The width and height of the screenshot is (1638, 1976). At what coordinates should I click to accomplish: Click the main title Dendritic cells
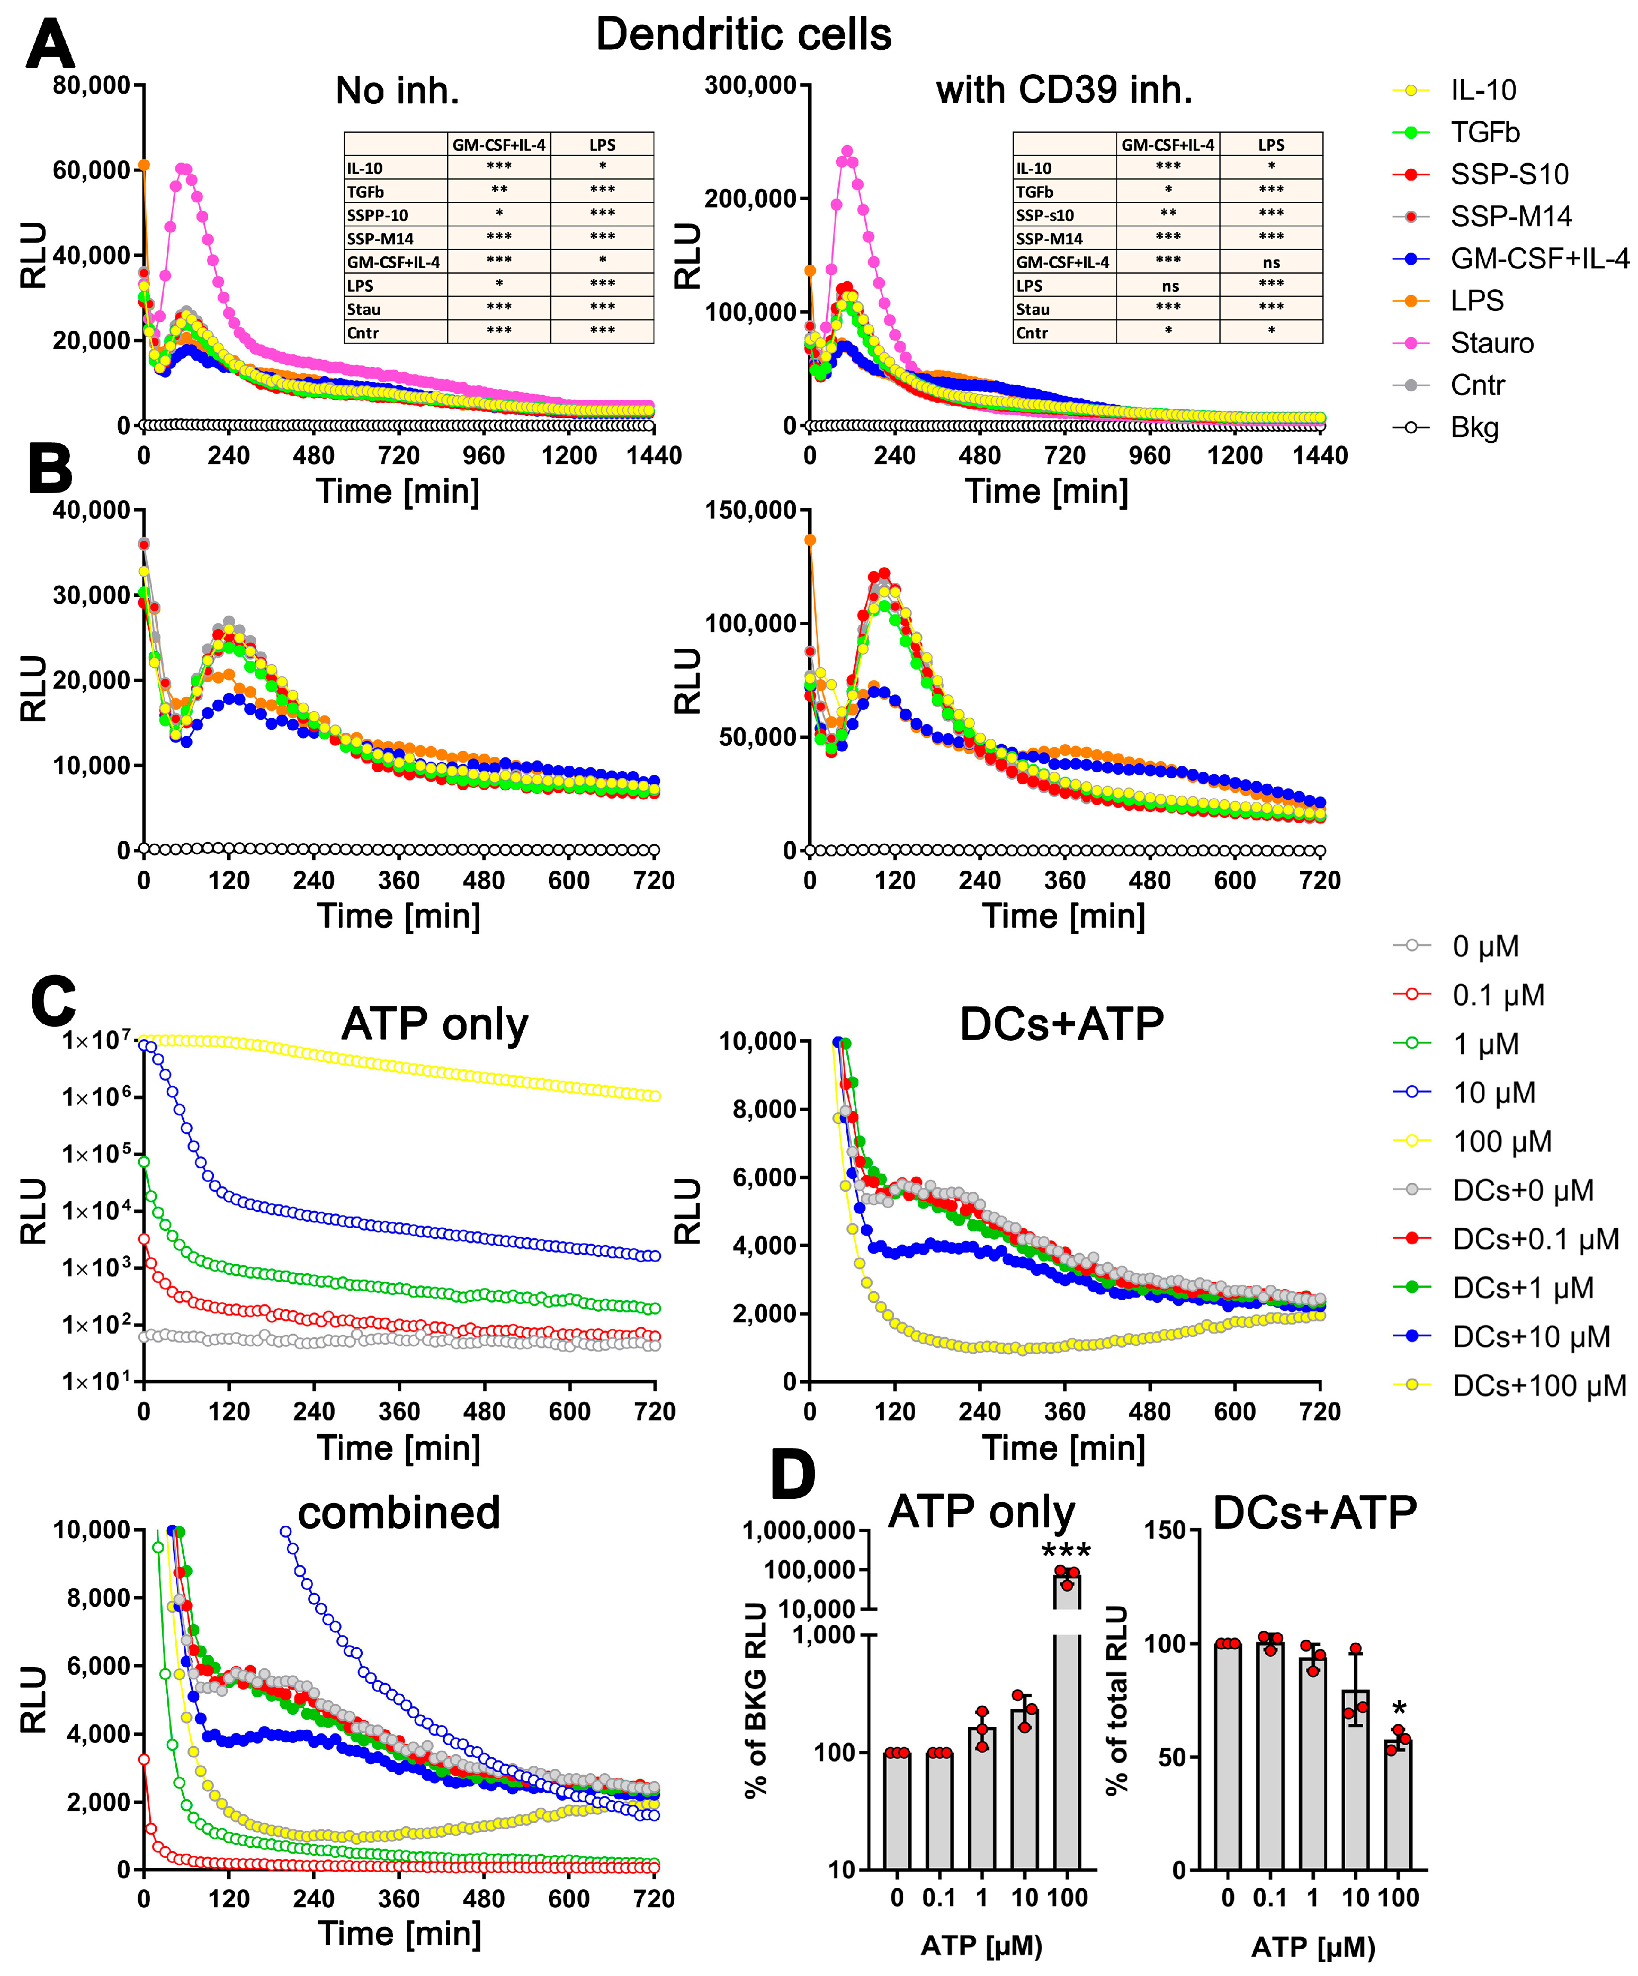click(742, 35)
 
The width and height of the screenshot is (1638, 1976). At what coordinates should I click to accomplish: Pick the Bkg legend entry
click(1473, 427)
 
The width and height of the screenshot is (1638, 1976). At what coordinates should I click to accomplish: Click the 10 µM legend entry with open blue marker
click(1492, 1093)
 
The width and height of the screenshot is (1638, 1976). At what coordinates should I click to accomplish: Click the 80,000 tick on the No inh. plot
click(91, 86)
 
